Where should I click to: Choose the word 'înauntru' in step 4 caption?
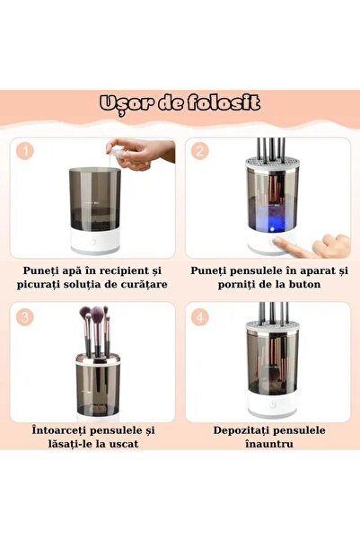pos(271,446)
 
